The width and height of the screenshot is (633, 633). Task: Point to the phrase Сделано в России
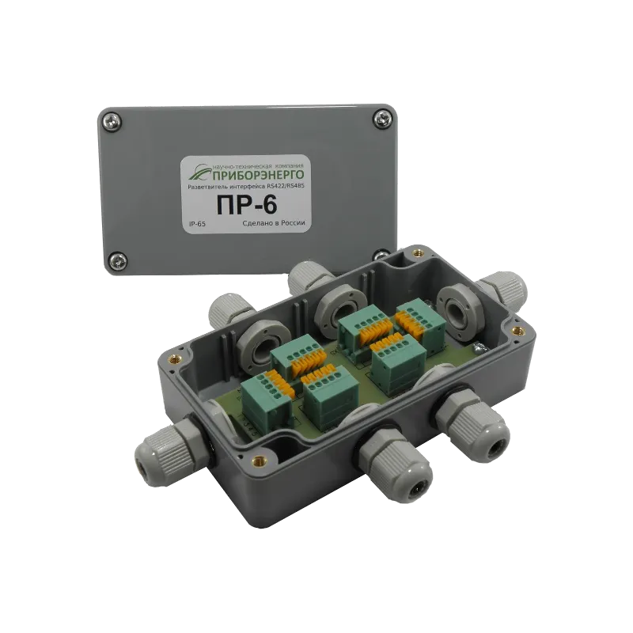(272, 224)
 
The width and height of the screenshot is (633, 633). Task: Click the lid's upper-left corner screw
(110, 120)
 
